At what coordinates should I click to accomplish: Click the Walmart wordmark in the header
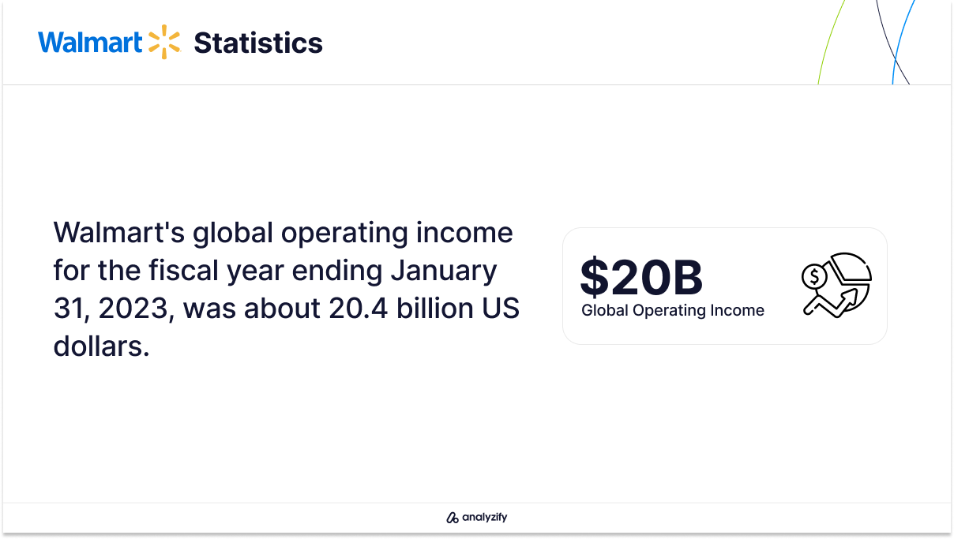pos(90,42)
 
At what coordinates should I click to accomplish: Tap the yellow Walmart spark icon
pos(164,42)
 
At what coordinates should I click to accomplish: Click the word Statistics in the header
pos(258,43)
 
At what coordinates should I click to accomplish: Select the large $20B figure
pos(641,277)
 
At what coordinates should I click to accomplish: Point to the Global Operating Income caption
pos(673,310)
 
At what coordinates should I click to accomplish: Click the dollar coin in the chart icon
pos(814,277)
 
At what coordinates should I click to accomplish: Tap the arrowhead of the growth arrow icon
pos(850,296)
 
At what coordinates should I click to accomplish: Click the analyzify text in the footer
pos(485,517)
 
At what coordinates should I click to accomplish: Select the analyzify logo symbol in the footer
pos(453,517)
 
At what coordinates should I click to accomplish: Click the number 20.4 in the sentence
pos(359,308)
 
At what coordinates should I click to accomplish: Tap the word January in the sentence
pos(444,271)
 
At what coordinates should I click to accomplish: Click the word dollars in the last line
pos(101,346)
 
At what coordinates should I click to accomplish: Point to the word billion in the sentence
pos(435,308)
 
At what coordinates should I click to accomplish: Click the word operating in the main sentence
pos(344,234)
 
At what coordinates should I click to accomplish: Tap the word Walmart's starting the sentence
pos(118,233)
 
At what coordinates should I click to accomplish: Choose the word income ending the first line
pos(464,233)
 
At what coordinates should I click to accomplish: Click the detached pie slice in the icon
pos(850,267)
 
